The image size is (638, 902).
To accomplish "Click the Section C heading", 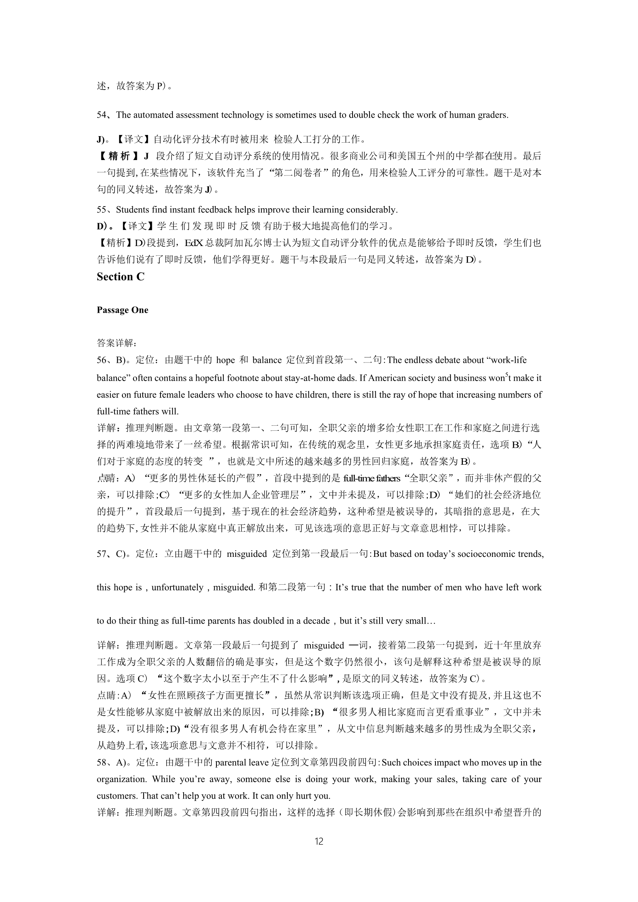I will (121, 277).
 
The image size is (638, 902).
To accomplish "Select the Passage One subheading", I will (122, 310).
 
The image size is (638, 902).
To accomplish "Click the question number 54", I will (102, 115).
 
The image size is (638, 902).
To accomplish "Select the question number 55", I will (102, 210).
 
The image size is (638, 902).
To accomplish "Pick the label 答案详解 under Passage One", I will (116, 343).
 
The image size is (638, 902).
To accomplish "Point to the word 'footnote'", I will (246, 378).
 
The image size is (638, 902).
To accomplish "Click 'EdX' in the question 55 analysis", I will (194, 243).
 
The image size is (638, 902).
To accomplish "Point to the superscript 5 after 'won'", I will (506, 375).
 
